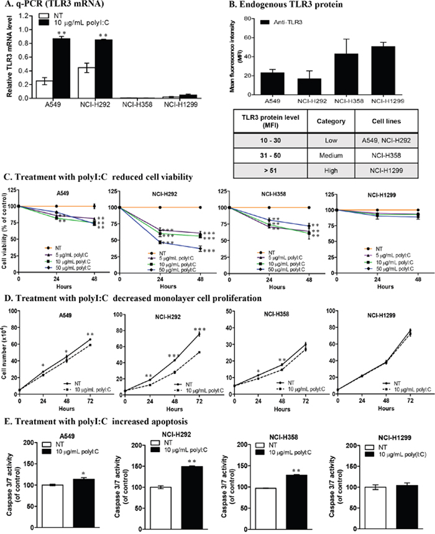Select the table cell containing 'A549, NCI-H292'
(390, 142)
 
